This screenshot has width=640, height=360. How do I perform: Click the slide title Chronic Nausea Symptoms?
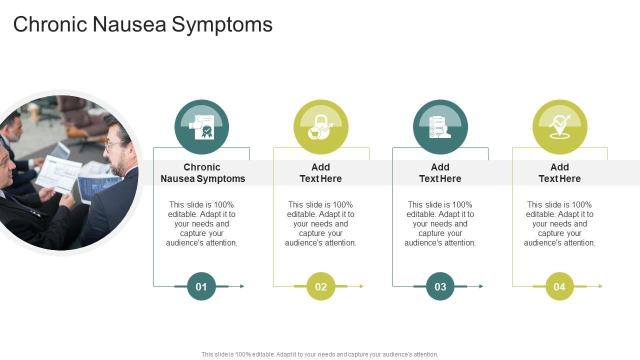143,24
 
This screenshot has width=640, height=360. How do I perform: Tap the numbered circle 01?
201,286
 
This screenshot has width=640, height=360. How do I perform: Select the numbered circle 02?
320,286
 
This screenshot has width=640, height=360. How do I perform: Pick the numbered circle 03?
440,286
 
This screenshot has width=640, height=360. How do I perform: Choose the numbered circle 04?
559,286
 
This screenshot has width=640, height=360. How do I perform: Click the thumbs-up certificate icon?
201,127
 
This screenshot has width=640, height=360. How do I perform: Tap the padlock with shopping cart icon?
320,127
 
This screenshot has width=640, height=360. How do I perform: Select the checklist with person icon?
440,127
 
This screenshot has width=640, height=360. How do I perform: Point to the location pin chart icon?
559,127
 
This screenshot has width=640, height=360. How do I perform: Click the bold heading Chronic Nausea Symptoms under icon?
202,173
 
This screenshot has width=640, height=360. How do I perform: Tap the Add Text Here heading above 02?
320,173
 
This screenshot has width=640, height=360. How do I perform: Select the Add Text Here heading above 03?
440,173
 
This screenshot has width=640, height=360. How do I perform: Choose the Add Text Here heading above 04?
559,173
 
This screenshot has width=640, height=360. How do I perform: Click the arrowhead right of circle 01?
242,286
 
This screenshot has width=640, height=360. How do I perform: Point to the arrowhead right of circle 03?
481,286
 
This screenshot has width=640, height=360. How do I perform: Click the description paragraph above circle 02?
320,223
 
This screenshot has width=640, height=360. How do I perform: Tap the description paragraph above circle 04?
559,223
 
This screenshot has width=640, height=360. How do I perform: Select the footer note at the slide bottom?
320,354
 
